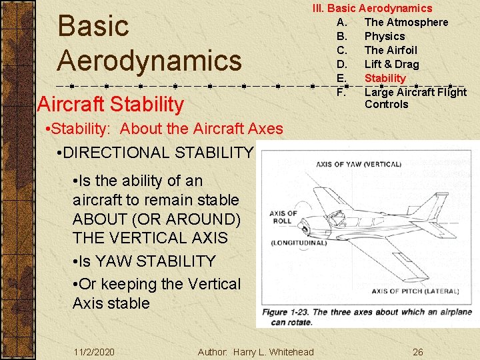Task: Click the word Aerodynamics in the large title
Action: (x=149, y=60)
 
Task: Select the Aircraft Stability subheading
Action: (x=111, y=104)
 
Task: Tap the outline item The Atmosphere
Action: (x=406, y=22)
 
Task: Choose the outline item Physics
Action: (x=385, y=36)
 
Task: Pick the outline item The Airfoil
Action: (x=391, y=50)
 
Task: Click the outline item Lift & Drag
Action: (x=391, y=64)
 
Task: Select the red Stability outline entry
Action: (x=385, y=78)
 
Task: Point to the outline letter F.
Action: (x=341, y=92)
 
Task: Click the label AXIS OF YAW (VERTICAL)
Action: (x=359, y=164)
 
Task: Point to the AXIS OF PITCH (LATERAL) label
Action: (x=415, y=291)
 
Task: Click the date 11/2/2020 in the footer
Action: (x=94, y=352)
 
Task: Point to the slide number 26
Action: (x=417, y=352)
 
